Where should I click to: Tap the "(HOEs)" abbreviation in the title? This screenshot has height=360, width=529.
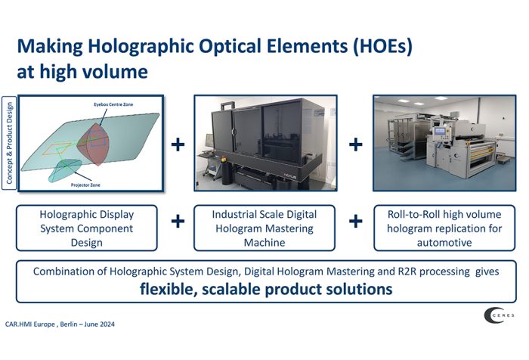(x=382, y=46)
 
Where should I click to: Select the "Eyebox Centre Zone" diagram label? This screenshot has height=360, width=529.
(x=113, y=104)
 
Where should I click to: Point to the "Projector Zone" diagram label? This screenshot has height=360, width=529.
(x=85, y=185)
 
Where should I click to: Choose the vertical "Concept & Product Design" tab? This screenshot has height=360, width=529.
(x=9, y=143)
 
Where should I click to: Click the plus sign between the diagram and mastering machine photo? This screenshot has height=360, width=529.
(x=178, y=144)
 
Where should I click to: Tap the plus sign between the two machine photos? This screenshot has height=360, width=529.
(x=356, y=144)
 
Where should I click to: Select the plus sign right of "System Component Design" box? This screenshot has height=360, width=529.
(x=178, y=222)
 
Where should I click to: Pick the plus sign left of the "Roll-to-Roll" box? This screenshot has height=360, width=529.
(x=356, y=222)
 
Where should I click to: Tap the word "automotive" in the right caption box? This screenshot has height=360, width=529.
(x=444, y=243)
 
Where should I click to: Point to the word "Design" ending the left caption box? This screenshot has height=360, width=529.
(x=86, y=243)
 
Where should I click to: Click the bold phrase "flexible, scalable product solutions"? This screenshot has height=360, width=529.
(x=266, y=289)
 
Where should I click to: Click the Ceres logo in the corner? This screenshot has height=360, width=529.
(x=499, y=315)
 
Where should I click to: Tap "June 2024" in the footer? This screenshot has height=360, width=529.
(x=100, y=324)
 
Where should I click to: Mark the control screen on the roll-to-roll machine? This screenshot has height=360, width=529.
(x=440, y=131)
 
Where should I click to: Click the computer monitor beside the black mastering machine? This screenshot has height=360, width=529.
(x=209, y=141)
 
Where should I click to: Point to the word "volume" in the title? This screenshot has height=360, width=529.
(x=116, y=71)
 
